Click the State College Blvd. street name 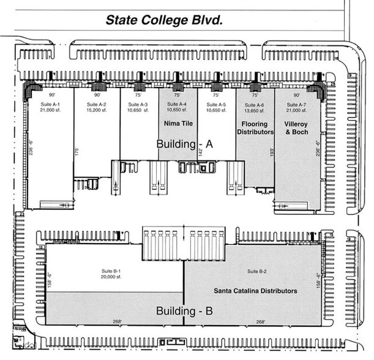[163, 20]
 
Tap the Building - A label [184, 144]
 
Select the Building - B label [184, 311]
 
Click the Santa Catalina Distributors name [255, 291]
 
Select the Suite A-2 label [97, 105]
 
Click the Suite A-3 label [139, 105]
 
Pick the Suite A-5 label [215, 105]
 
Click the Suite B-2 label [256, 271]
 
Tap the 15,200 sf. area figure [97, 111]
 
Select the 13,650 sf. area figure [255, 111]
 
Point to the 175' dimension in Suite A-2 [77, 151]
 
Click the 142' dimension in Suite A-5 [202, 151]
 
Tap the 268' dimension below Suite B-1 [116, 322]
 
